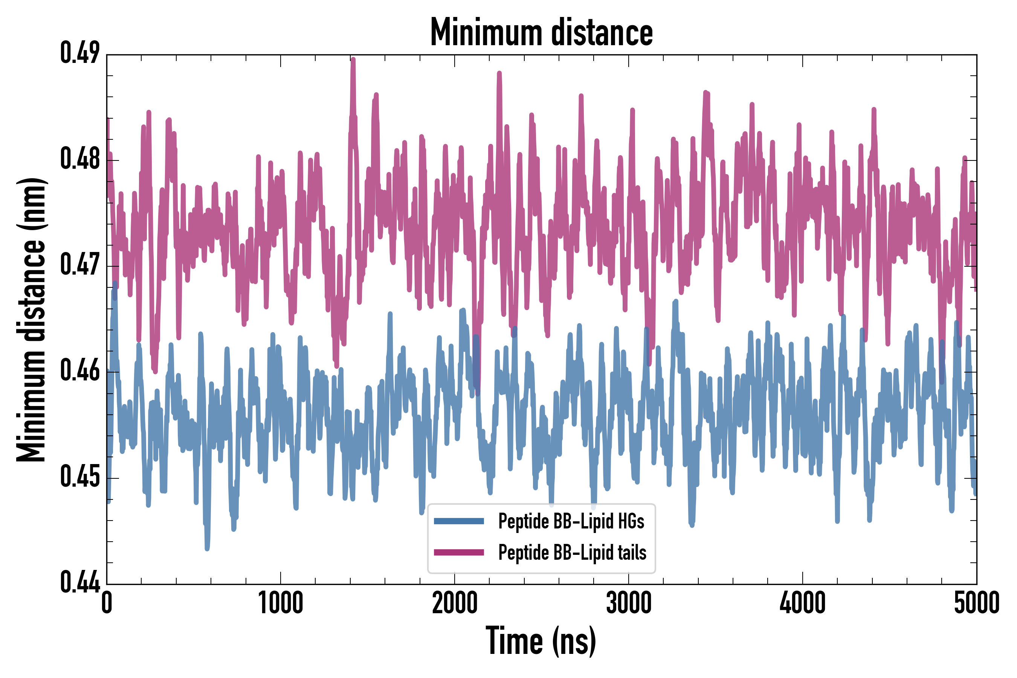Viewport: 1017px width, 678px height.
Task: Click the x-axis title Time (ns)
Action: [x=541, y=641]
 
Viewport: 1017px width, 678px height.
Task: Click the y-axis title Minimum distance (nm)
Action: [x=31, y=319]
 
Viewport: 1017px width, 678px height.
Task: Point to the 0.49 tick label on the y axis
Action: [x=80, y=53]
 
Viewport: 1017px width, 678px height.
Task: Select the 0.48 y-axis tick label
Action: [x=80, y=159]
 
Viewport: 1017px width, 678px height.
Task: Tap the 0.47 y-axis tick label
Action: [x=80, y=265]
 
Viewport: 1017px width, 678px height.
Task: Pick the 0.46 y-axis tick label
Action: [x=80, y=371]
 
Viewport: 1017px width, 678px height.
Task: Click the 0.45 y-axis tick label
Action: [x=80, y=476]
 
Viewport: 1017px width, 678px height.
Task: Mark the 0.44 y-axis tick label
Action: [x=80, y=582]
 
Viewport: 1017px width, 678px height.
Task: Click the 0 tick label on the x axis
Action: [x=107, y=603]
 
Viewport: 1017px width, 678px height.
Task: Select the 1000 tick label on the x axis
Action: [x=281, y=603]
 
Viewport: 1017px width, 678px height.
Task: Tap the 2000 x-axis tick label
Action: [x=455, y=603]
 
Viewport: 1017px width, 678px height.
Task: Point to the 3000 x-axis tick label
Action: [x=629, y=603]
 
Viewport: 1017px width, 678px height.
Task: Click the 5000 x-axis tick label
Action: [x=976, y=603]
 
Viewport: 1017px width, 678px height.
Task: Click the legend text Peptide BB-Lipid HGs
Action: [x=571, y=521]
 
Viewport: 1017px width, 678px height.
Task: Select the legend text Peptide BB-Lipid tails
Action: [x=572, y=552]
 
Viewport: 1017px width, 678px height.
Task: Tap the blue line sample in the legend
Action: [x=459, y=521]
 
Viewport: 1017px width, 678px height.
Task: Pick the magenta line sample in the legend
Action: [x=459, y=552]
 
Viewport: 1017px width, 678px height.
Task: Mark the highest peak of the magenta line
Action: [x=353, y=59]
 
